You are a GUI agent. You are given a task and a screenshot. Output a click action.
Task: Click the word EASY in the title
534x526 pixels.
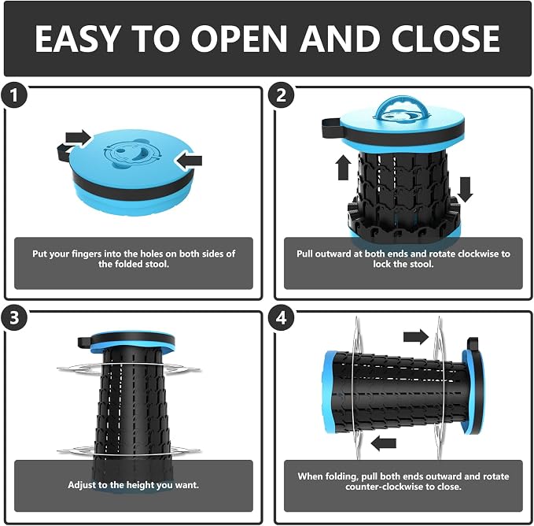[x=78, y=39]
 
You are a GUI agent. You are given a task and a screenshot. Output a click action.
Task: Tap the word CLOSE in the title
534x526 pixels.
[x=445, y=39]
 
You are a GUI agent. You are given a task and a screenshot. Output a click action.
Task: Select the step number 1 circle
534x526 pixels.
[x=13, y=95]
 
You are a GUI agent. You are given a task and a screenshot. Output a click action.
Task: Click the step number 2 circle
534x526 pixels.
[x=281, y=95]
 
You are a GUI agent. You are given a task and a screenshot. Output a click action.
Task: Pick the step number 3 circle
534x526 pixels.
[x=13, y=317]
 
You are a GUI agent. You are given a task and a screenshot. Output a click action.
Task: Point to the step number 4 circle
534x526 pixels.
[x=281, y=317]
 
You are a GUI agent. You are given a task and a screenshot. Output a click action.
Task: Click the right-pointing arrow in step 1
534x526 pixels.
[x=79, y=138]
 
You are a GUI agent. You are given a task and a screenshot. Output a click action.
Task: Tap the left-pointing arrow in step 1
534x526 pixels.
[x=188, y=161]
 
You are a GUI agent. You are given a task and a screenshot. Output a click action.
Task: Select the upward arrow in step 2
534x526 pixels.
[x=343, y=168]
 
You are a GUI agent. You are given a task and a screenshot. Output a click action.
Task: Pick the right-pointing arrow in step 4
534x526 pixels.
[x=416, y=337]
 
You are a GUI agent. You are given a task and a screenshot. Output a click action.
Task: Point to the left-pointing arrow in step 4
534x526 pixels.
[x=384, y=443]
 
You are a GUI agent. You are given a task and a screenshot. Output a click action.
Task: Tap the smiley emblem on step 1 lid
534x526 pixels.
[x=132, y=154]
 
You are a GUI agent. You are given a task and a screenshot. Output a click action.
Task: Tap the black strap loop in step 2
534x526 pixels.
[x=332, y=128]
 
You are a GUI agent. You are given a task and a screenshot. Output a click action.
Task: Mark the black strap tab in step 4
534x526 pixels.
[x=473, y=344]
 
